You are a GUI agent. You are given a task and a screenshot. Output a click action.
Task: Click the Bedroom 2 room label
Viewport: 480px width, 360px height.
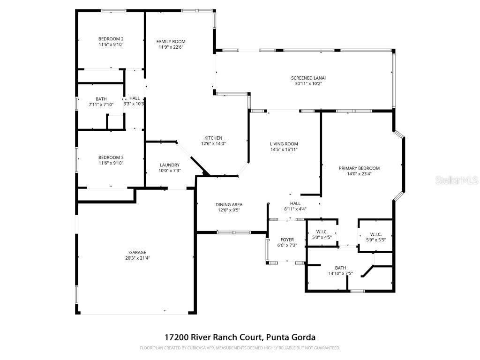click(x=111, y=39)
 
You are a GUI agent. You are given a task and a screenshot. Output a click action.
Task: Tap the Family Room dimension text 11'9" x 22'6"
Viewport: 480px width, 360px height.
click(x=171, y=47)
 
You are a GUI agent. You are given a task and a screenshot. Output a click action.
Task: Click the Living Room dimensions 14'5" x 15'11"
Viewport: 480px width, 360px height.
click(x=284, y=150)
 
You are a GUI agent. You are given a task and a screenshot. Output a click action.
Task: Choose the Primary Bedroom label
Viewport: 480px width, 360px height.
click(x=359, y=168)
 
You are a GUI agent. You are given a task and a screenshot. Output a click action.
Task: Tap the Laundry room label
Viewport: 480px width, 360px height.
click(x=169, y=165)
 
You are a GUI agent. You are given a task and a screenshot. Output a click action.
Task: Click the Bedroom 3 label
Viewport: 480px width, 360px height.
click(x=111, y=157)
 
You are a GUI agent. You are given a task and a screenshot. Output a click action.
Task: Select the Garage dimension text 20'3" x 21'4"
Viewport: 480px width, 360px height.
click(x=137, y=258)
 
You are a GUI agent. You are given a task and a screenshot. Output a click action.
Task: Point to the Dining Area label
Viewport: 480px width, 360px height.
click(x=229, y=204)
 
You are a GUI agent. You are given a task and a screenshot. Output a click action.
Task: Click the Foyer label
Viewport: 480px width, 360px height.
click(x=287, y=240)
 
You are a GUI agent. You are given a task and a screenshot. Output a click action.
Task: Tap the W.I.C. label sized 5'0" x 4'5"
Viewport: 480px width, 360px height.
click(x=322, y=232)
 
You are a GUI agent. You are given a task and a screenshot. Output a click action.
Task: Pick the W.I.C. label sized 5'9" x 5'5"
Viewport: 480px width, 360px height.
click(x=375, y=234)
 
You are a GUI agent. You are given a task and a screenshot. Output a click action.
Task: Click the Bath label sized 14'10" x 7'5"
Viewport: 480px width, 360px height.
click(x=340, y=267)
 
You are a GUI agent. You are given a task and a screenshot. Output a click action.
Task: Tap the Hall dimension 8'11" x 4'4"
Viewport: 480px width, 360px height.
click(x=295, y=209)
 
